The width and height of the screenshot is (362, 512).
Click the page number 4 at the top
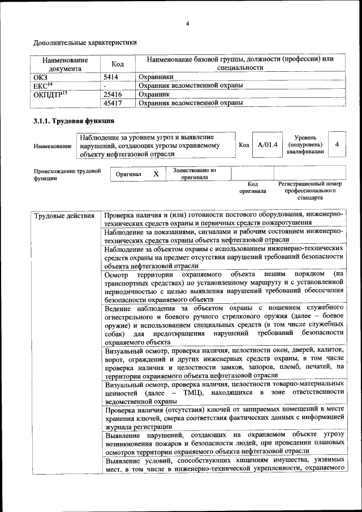(x=187, y=23)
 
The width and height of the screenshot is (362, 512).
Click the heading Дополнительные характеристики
(x=84, y=42)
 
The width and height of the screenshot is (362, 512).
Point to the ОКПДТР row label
(x=50, y=94)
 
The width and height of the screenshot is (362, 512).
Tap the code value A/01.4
(x=267, y=145)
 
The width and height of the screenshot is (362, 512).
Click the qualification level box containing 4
(x=337, y=145)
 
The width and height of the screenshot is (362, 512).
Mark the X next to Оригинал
(x=156, y=175)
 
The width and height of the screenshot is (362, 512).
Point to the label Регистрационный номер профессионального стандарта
(x=310, y=191)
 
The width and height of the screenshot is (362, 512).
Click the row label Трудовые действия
(x=64, y=216)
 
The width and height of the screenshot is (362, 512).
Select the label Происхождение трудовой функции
(x=67, y=174)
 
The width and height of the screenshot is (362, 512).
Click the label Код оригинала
(x=252, y=188)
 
